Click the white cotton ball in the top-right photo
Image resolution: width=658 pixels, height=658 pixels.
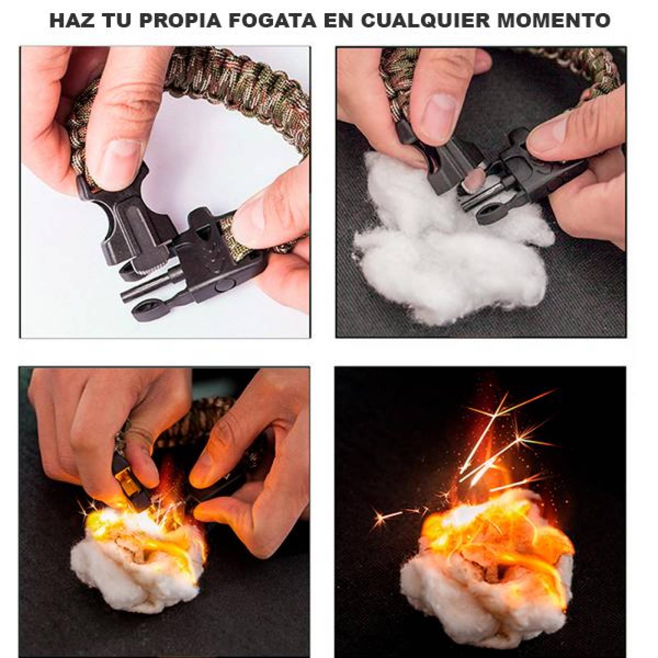click(444, 255)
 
